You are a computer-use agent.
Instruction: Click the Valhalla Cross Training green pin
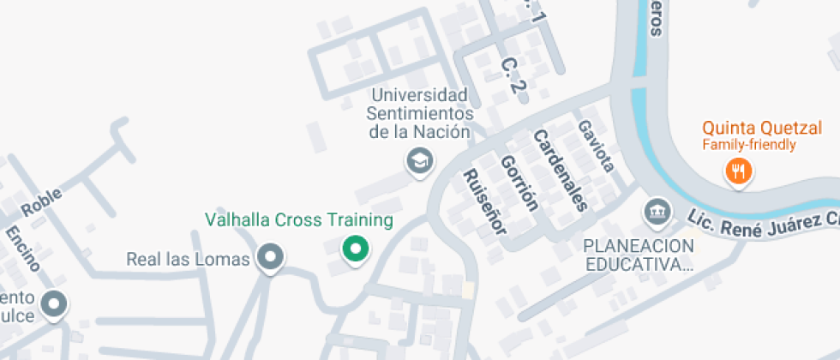point(355,249)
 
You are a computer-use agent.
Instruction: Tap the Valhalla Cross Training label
point(299,220)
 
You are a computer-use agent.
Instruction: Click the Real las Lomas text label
point(187,258)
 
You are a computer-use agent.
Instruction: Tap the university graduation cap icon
point(419,160)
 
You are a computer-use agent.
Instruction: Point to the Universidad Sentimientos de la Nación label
point(419,113)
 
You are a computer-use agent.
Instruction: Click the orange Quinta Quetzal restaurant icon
point(738,171)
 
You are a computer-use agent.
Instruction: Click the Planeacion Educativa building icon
point(657,211)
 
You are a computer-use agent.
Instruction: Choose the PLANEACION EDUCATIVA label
point(638,255)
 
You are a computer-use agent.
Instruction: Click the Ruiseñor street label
point(485,201)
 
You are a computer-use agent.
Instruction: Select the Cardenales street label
point(561,170)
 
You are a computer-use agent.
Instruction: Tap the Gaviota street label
point(596,146)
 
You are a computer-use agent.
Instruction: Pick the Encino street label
point(21,249)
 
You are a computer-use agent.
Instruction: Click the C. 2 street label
point(512,75)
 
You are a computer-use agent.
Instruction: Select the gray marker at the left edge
point(55,303)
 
